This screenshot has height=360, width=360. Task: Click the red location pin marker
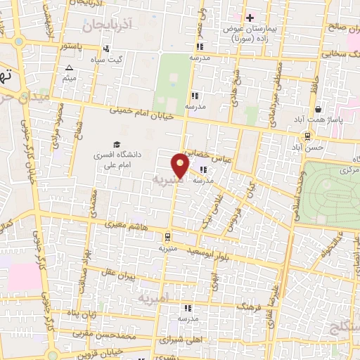(x=181, y=165)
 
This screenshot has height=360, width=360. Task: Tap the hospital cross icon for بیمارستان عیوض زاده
(x=250, y=17)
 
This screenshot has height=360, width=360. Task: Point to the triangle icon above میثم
(x=69, y=68)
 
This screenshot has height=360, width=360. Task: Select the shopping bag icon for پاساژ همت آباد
(x=319, y=110)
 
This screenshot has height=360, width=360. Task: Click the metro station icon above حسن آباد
(x=309, y=136)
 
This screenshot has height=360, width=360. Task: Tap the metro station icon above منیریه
(x=167, y=237)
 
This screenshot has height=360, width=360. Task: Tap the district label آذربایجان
(x=105, y=25)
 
